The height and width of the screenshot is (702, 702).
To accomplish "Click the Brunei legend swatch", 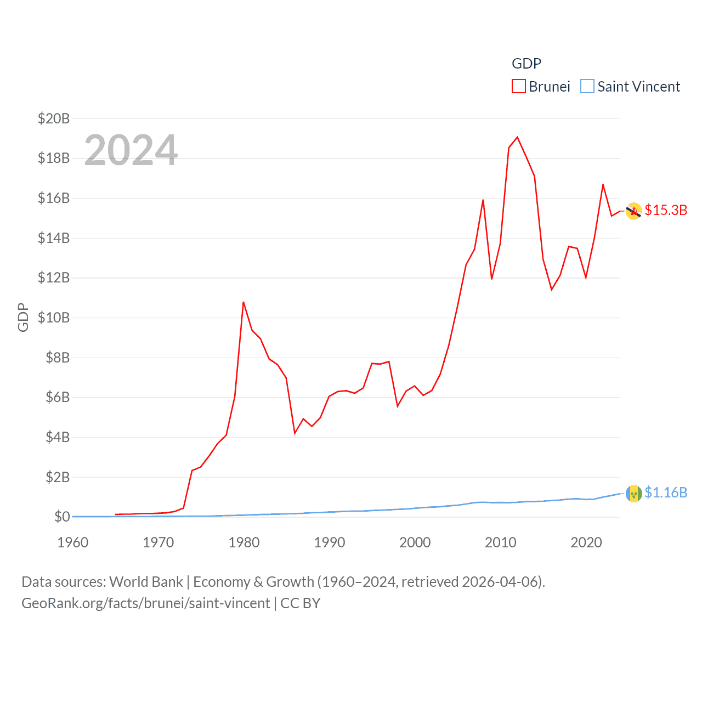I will [x=518, y=87].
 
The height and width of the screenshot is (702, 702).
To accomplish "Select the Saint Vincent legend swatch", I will [x=587, y=87].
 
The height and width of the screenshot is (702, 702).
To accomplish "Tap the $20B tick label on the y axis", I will [x=54, y=118].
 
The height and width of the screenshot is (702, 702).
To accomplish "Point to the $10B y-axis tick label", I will [x=54, y=318].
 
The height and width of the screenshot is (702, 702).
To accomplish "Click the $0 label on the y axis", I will [x=62, y=517].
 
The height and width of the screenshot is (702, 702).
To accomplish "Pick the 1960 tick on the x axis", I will [x=73, y=542].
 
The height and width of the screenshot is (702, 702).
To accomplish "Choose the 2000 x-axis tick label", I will [x=415, y=542].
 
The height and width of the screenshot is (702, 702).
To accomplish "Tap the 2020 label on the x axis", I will [x=586, y=542].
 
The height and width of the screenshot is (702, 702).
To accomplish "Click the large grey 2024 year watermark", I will [x=131, y=150].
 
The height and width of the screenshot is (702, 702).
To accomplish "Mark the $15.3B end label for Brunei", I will [x=666, y=210].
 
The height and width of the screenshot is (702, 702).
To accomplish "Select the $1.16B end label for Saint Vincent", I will [x=666, y=492].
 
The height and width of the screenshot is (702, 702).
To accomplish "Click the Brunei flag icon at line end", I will [x=634, y=211].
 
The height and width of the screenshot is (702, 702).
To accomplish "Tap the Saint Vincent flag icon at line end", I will [x=634, y=494].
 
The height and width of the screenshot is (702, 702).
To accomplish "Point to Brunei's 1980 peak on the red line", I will [x=244, y=302].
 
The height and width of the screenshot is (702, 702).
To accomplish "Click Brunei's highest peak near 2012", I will [x=517, y=137].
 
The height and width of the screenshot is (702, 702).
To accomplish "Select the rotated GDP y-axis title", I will [x=23, y=317].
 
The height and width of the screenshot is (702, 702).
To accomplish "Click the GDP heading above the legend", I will [x=526, y=64].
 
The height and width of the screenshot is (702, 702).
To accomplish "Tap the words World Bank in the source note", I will [x=146, y=581].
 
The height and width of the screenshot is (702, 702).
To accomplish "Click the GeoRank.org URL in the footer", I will [x=146, y=603].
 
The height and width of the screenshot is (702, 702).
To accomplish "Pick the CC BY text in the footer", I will [x=301, y=603].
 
